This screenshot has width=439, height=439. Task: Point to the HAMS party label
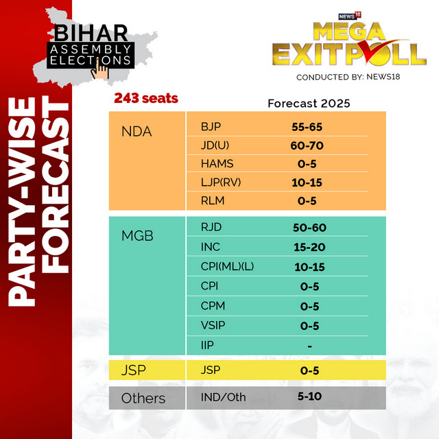[217, 163]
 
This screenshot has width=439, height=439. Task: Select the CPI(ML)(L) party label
[227, 267]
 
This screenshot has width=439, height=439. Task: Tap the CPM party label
[213, 307]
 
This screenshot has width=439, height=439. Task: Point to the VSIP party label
[214, 326]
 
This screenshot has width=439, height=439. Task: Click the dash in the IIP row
[310, 346]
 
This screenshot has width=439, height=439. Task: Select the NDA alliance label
[137, 131]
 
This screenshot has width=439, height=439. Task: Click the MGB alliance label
[137, 236]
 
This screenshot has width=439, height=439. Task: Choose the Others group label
[143, 398]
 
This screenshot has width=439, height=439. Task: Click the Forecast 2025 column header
[309, 104]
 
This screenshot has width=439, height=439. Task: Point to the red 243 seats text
[146, 99]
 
